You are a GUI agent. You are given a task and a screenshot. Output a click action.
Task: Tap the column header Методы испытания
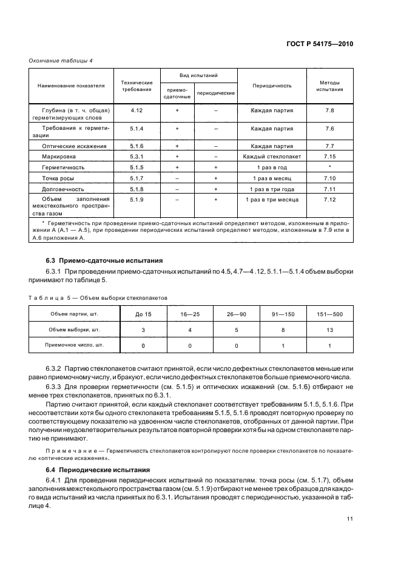[329, 86]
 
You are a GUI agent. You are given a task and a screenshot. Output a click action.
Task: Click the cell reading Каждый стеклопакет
[272, 157]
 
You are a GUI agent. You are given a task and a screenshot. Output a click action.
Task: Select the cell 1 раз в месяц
[272, 178]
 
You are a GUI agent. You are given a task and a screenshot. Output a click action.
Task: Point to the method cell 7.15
[329, 157]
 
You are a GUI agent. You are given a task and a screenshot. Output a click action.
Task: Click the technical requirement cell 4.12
[136, 110]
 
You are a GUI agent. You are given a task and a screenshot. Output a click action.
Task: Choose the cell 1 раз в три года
[272, 189]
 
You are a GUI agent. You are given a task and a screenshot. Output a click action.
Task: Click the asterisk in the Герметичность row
[329, 167]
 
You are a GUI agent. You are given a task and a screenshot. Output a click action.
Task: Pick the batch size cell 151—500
[329, 314]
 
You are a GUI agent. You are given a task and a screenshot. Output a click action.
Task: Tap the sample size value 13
[329, 330]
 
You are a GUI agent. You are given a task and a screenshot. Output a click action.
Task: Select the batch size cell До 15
[144, 314]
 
